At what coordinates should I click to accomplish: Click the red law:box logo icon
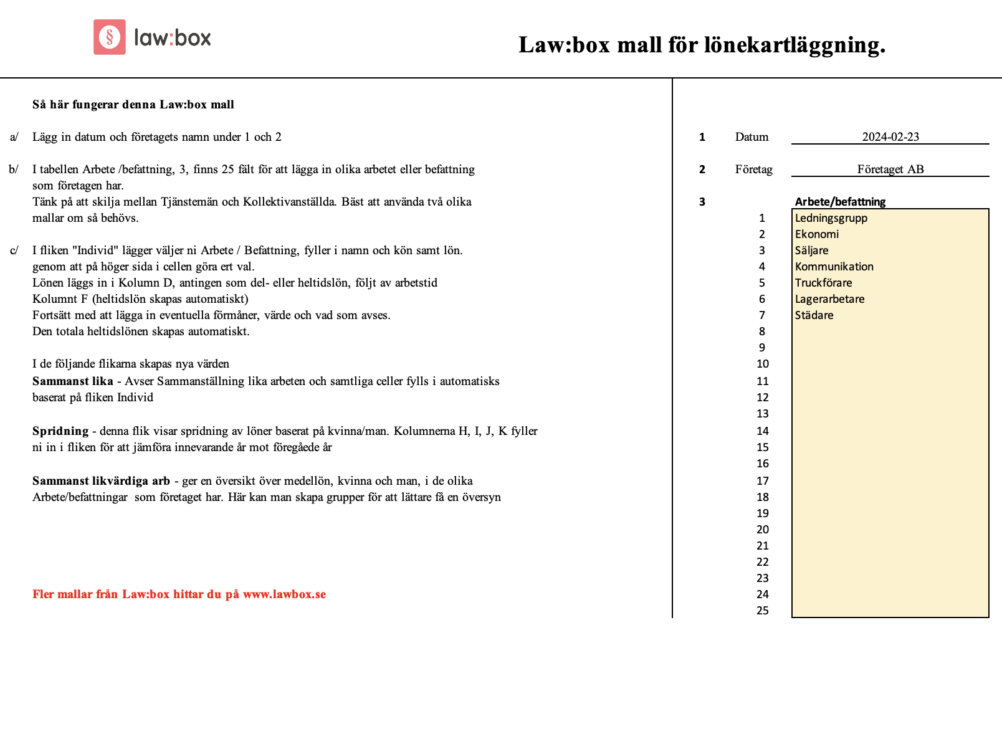(110, 37)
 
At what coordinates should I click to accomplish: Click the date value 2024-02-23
(890, 137)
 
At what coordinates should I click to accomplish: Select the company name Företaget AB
(890, 169)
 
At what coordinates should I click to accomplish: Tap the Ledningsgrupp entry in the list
(831, 218)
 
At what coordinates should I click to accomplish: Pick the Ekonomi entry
(817, 234)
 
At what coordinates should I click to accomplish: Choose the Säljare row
(812, 250)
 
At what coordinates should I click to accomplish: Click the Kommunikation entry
(834, 267)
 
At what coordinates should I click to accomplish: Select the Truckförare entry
(824, 283)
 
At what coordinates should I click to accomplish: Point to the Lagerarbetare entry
(830, 299)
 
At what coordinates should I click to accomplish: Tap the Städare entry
(814, 315)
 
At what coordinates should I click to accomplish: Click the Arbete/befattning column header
(840, 202)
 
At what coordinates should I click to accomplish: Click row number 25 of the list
(763, 611)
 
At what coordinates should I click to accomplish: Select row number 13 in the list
(763, 414)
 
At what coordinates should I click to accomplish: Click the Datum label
(751, 137)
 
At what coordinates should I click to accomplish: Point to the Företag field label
(753, 169)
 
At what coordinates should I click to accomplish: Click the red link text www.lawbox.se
(284, 594)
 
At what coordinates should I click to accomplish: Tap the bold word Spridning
(60, 431)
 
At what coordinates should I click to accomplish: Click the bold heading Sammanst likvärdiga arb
(101, 481)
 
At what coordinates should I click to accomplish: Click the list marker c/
(14, 250)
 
